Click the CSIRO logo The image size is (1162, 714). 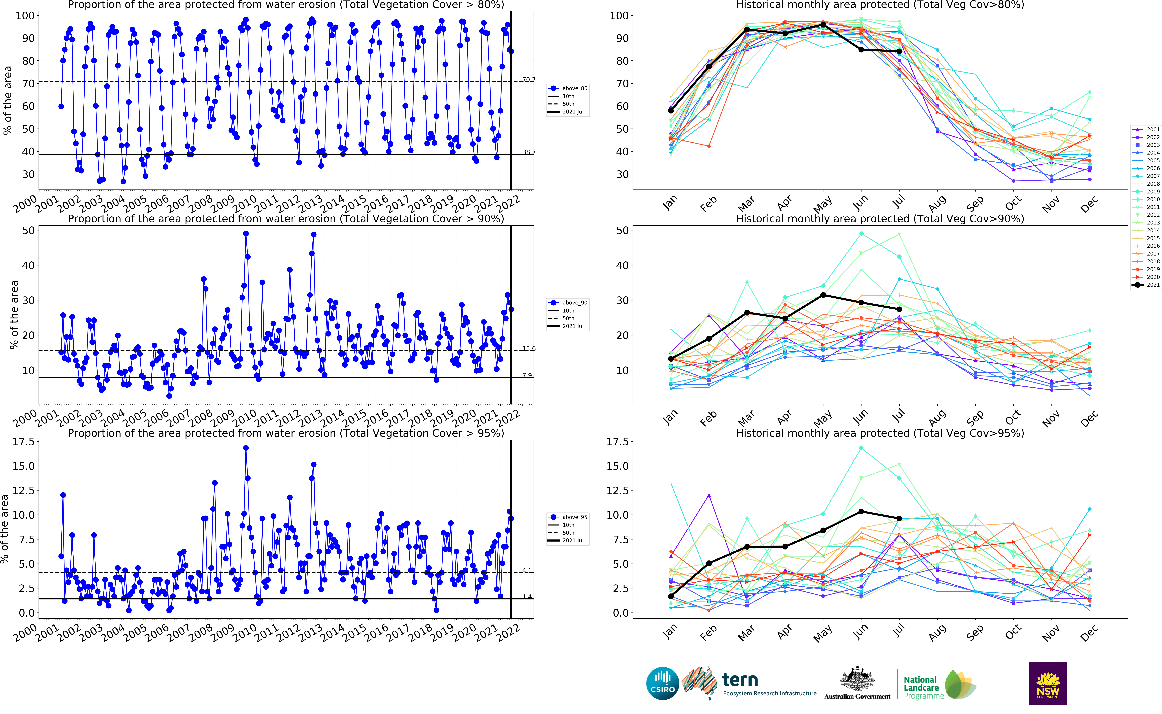point(662,683)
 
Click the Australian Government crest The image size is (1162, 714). point(857,680)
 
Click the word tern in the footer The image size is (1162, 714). point(740,680)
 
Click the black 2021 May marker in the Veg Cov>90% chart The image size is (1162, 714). point(823,295)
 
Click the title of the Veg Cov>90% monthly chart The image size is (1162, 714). point(880,219)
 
